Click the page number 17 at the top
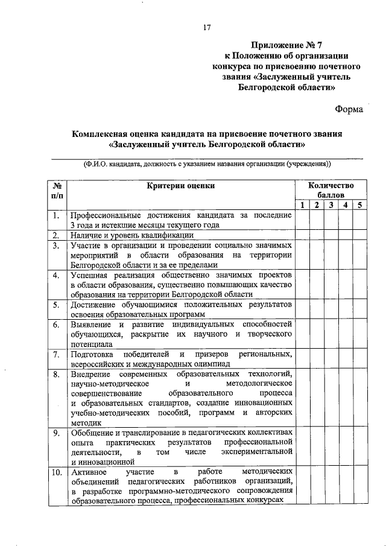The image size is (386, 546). [206, 27]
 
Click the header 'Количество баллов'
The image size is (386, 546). [331, 191]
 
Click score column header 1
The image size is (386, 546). [302, 206]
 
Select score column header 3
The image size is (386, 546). [331, 206]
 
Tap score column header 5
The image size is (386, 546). [359, 206]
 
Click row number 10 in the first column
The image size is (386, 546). [55, 472]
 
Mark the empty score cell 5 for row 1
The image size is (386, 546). [359, 220]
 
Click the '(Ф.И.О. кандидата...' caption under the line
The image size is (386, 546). [207, 164]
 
